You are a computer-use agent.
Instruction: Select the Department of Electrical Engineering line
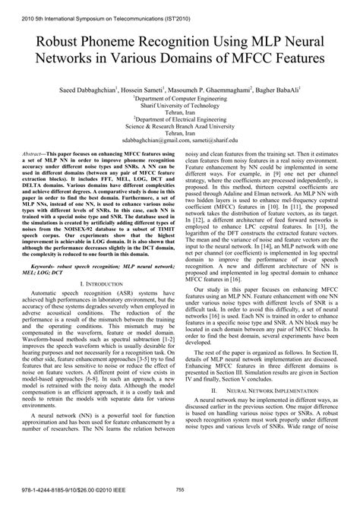180,119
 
